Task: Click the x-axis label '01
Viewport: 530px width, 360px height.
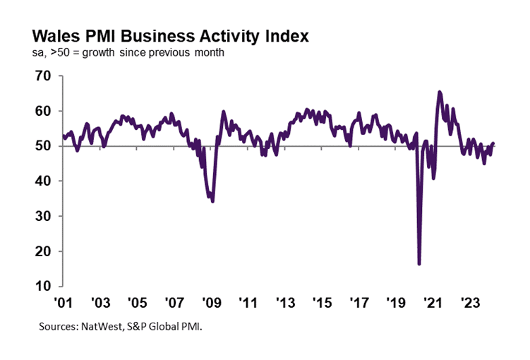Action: click(64, 303)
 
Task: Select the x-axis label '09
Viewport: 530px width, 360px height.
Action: click(211, 303)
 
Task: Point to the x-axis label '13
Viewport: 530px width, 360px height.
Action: click(284, 303)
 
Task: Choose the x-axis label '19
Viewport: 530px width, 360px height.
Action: click(395, 303)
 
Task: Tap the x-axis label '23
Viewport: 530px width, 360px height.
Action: click(468, 303)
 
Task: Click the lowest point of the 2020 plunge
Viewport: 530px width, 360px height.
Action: click(419, 264)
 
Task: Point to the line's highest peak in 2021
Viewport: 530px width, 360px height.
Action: click(440, 92)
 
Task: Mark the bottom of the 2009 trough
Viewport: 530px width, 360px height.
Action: click(212, 201)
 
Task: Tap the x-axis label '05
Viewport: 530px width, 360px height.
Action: click(138, 303)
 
